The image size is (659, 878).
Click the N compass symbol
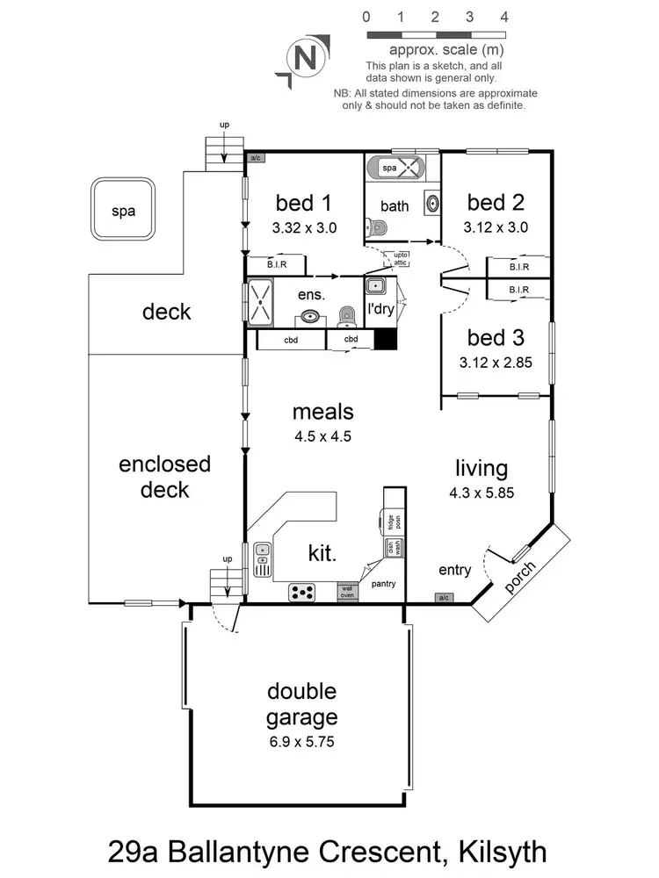coord(305,60)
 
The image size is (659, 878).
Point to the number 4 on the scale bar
coord(504,17)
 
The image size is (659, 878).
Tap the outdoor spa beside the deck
coord(123,211)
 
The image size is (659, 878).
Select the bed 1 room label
coord(303,204)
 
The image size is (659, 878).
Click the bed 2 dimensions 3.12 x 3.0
coord(496,227)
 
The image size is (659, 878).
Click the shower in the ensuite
coord(260,300)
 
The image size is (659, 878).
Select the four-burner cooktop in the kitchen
coord(302,593)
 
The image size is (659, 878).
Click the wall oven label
coord(349,593)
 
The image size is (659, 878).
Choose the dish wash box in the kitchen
coord(391,549)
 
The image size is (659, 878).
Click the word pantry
coord(384,583)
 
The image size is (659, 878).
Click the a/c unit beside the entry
coord(444,598)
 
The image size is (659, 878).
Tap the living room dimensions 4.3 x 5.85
coord(482,493)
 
